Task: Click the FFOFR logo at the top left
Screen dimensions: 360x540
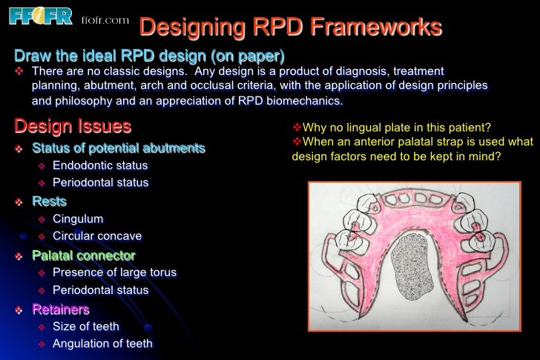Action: click(40, 16)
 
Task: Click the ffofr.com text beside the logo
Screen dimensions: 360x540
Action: click(105, 19)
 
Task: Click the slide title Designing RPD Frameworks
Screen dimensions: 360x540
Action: click(291, 27)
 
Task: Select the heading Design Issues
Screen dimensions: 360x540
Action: click(73, 125)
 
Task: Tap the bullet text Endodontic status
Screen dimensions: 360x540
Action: click(100, 166)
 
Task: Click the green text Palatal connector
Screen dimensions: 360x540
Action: click(83, 255)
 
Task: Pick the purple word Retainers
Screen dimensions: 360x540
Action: click(60, 309)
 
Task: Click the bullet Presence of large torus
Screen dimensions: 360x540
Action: click(114, 272)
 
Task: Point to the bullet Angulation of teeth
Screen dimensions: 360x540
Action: click(102, 343)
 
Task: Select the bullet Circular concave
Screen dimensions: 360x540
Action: click(97, 236)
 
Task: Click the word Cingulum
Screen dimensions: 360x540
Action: click(78, 219)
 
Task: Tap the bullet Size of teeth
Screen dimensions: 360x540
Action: click(86, 326)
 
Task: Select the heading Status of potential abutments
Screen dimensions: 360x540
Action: click(119, 148)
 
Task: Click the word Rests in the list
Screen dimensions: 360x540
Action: click(49, 201)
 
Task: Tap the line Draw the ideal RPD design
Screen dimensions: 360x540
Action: click(149, 56)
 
